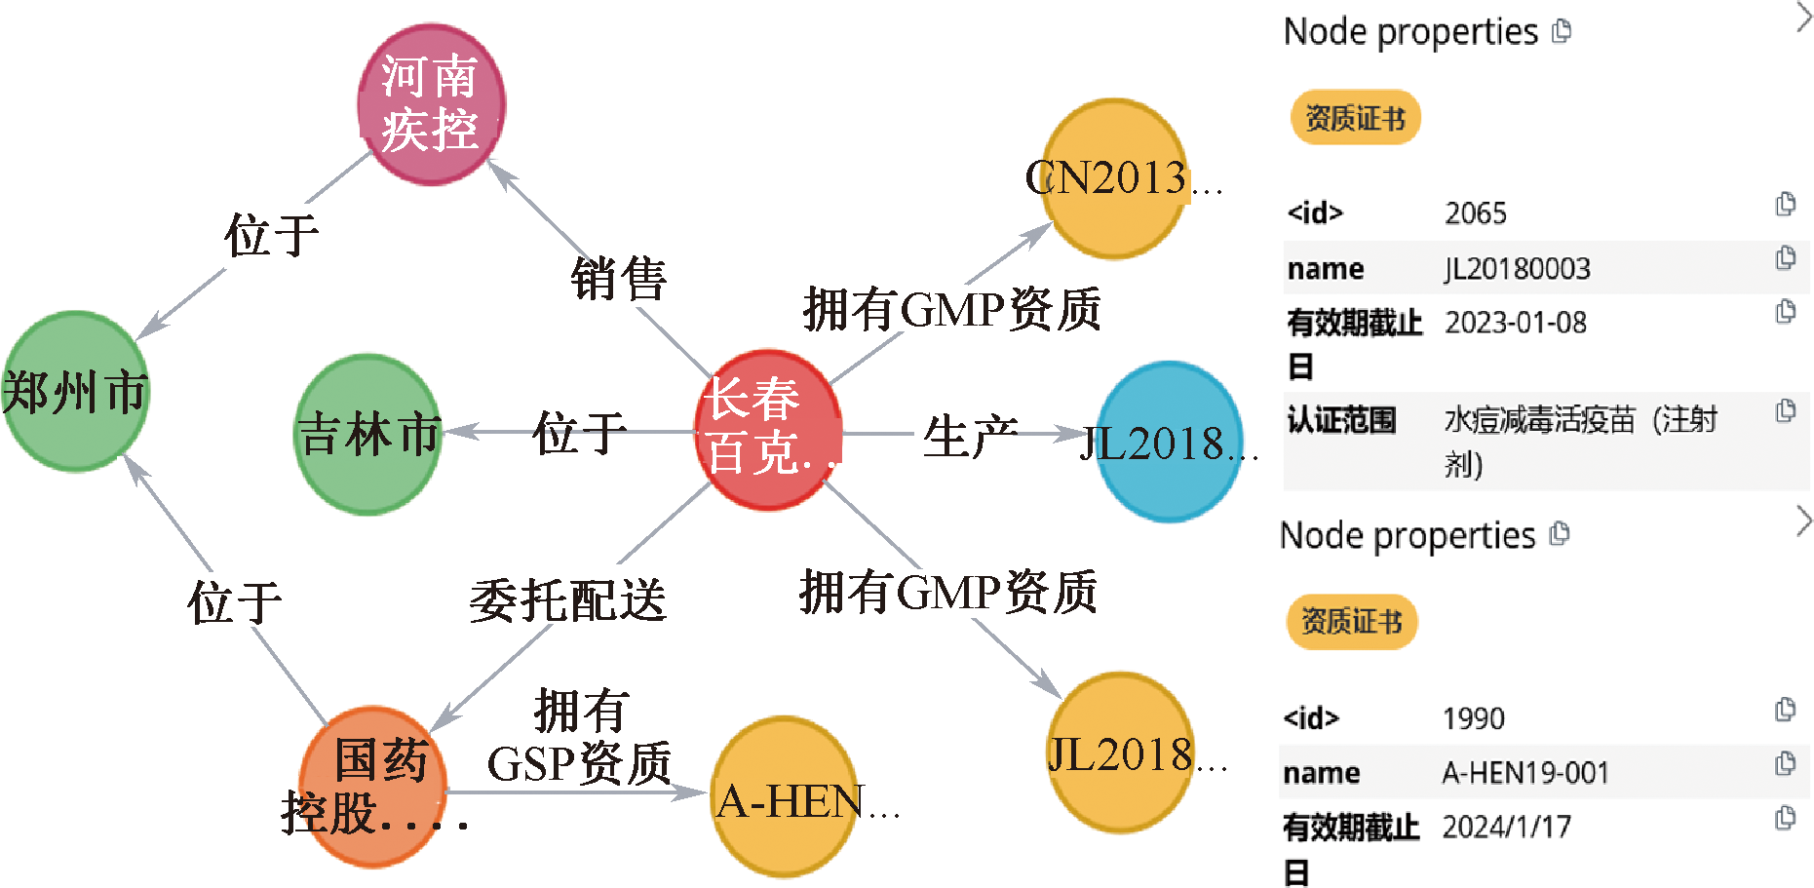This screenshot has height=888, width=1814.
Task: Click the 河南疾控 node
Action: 431,104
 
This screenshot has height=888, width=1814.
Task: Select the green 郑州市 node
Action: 76,392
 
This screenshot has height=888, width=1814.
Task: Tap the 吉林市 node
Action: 367,434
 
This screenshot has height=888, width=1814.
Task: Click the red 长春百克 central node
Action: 768,430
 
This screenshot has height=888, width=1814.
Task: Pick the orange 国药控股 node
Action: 372,786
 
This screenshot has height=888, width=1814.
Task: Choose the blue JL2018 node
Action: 1169,442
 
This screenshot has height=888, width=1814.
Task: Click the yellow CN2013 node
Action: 1114,178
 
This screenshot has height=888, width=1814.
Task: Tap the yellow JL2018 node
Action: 1121,753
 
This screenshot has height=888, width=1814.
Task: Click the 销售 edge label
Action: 618,280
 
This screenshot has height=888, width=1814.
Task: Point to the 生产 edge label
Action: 970,436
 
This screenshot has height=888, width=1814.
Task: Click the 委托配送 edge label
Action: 567,600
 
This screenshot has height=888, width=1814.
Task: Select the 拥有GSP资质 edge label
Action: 580,738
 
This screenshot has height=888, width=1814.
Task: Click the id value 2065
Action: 1475,213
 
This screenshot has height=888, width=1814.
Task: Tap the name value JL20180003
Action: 1517,268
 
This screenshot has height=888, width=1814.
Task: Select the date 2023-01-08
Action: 1515,323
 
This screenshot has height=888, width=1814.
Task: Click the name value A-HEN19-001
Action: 1525,773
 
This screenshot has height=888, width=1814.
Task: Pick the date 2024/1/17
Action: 1506,828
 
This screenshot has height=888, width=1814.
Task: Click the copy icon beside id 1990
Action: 1785,710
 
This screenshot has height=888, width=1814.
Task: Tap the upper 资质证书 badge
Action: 1355,118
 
